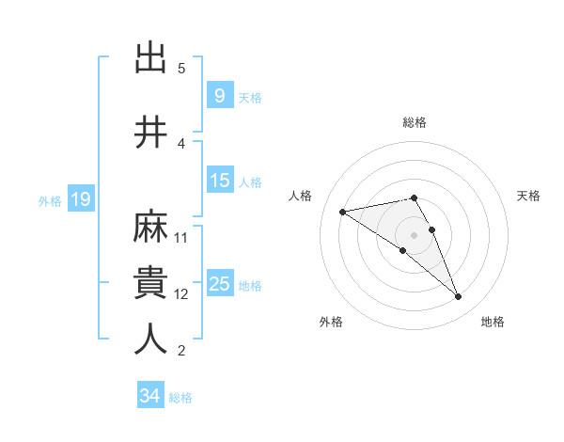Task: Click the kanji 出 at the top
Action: [x=151, y=59]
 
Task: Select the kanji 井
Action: [x=151, y=132]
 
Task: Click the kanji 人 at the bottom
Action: [x=151, y=339]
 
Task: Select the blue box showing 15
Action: [x=220, y=181]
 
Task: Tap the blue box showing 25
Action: [x=220, y=284]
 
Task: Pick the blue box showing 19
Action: [x=80, y=199]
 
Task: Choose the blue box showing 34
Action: [x=149, y=396]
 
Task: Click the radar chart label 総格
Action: [x=415, y=122]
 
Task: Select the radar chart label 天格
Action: [x=528, y=196]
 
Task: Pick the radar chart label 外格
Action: [x=331, y=322]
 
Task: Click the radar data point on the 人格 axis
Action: [x=343, y=211]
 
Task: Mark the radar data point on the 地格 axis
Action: [x=459, y=297]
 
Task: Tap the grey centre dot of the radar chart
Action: [x=414, y=234]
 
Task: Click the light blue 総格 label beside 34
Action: [x=180, y=398]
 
